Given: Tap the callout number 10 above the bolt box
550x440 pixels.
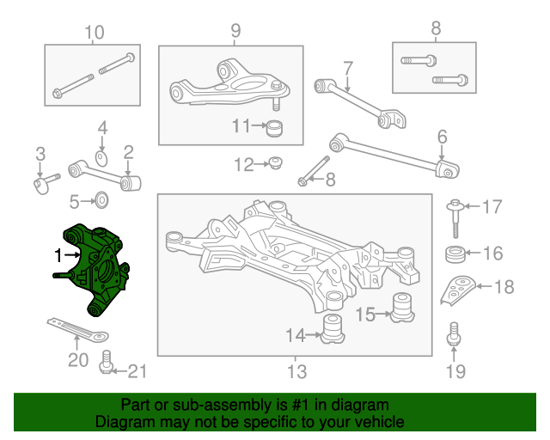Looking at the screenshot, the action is point(95,33).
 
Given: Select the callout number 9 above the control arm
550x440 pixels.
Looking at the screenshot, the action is point(235,31).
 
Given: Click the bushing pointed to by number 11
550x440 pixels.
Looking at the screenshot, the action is point(275,128).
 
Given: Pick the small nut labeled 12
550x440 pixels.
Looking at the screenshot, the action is point(276,162).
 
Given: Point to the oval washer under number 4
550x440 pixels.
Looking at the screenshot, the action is point(101,159).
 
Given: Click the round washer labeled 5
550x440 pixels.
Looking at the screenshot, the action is point(101,200).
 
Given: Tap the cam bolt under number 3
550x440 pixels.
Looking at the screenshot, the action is point(46,184).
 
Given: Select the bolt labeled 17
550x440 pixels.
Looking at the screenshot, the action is point(455,218).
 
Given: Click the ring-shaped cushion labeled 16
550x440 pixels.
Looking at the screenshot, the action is point(455,254).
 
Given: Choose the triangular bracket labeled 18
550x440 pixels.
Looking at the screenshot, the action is point(458,290).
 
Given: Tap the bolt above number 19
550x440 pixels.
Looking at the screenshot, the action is point(454,333).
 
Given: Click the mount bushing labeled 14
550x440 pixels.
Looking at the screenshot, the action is point(333,329).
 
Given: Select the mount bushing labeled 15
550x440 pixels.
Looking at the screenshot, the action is point(402,308).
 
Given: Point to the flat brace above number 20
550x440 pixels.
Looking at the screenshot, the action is point(77,329).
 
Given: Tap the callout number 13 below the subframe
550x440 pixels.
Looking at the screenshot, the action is point(296,371).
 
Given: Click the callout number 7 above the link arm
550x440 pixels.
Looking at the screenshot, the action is point(347,69).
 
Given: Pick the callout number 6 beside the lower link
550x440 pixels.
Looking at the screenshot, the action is point(443,137).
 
